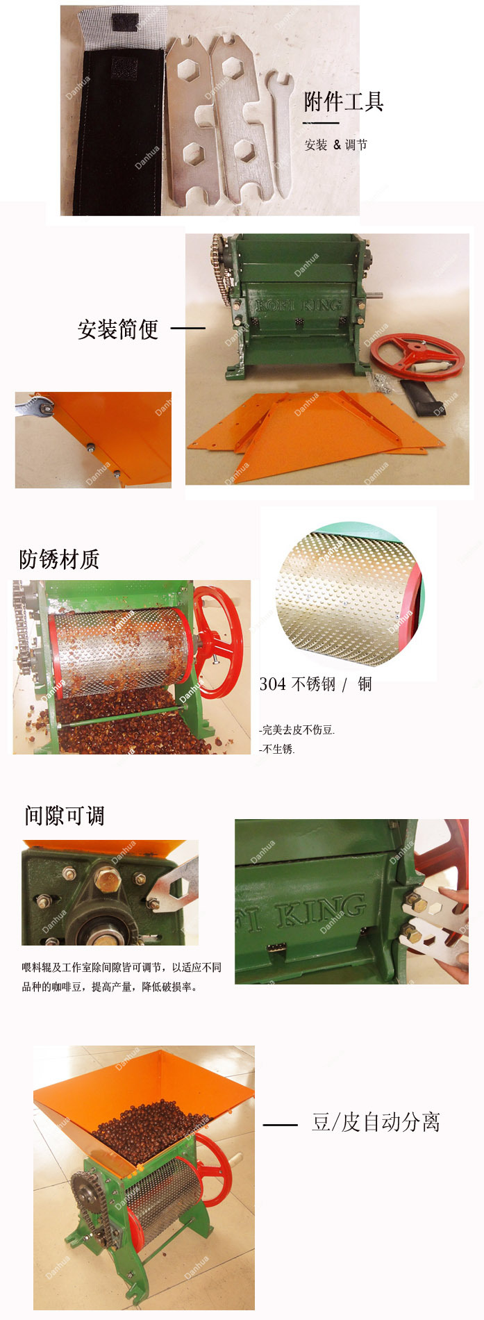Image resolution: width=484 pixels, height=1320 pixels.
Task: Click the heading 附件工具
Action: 344,101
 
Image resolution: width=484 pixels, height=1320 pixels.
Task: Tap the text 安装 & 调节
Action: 336,145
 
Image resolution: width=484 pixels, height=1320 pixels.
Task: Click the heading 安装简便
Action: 118,329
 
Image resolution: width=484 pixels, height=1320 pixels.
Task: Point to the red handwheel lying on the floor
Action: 417,356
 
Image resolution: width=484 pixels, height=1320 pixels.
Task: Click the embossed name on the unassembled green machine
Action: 299,305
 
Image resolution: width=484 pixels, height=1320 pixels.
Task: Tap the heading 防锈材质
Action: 59,559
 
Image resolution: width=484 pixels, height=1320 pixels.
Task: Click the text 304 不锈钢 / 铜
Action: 316,684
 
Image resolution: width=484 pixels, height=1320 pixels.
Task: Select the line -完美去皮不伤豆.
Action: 297,729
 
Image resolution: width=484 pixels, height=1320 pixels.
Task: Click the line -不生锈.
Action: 277,749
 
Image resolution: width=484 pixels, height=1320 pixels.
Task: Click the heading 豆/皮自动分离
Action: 376,1121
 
